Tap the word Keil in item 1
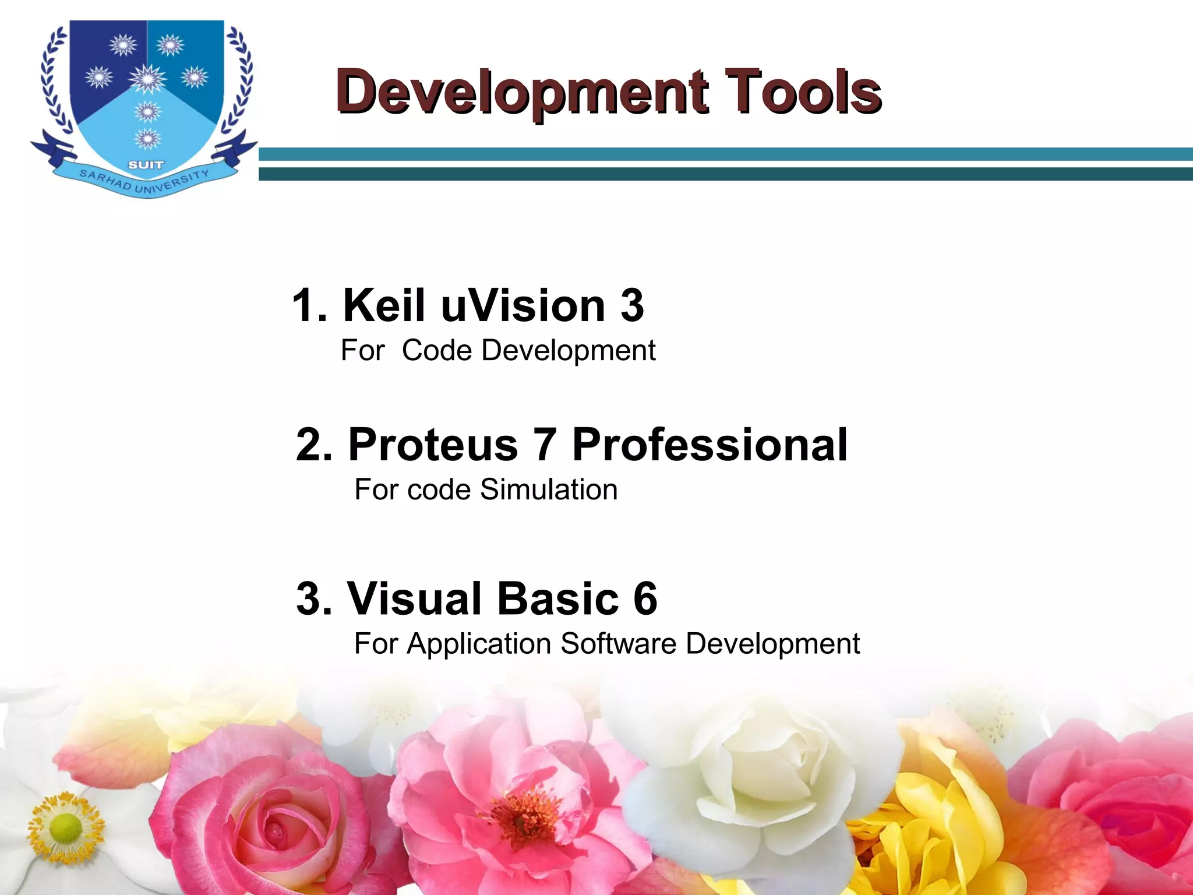(384, 305)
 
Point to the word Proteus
(433, 445)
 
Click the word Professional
(710, 445)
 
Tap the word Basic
(557, 598)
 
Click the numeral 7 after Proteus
(545, 445)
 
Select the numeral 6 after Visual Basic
(645, 598)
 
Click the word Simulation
(549, 489)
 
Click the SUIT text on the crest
(146, 165)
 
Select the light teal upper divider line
(725, 154)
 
